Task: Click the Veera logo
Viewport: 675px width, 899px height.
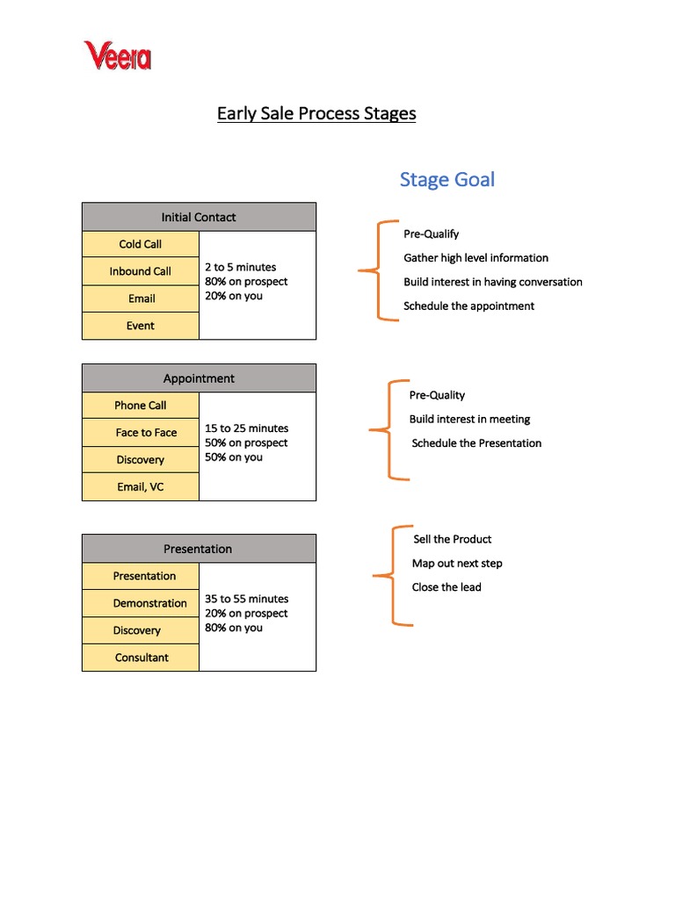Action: pyautogui.click(x=118, y=56)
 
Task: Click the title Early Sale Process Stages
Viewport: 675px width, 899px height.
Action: pyautogui.click(x=316, y=113)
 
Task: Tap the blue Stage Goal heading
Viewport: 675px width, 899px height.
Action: pyautogui.click(x=446, y=180)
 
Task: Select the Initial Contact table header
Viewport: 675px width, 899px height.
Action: pyautogui.click(x=199, y=217)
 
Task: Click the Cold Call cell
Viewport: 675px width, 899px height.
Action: pyautogui.click(x=141, y=244)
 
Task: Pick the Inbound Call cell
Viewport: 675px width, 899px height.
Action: pyautogui.click(x=141, y=271)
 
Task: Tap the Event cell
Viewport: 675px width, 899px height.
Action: pyautogui.click(x=141, y=326)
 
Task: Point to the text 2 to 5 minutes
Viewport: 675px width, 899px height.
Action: pyautogui.click(x=240, y=267)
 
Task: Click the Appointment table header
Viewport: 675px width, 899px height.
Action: pyautogui.click(x=199, y=378)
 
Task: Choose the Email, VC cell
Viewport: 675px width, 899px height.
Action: pyautogui.click(x=141, y=486)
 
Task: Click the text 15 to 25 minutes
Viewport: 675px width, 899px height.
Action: pyautogui.click(x=246, y=428)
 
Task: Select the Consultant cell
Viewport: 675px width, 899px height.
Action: pyautogui.click(x=142, y=658)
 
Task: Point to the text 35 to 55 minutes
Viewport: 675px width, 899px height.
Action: pyautogui.click(x=246, y=599)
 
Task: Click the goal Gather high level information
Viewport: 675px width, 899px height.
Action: pyautogui.click(x=475, y=258)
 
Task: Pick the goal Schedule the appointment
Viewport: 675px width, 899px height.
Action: pyautogui.click(x=468, y=306)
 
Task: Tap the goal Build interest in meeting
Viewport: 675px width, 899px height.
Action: pyautogui.click(x=469, y=420)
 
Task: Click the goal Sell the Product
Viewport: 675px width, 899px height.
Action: pyautogui.click(x=452, y=539)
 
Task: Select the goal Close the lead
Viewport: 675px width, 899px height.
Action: pyautogui.click(x=446, y=587)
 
